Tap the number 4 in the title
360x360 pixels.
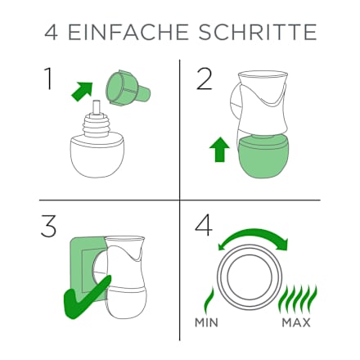[x=52, y=32]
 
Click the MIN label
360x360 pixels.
[x=206, y=322]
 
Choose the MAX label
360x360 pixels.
[x=296, y=322]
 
